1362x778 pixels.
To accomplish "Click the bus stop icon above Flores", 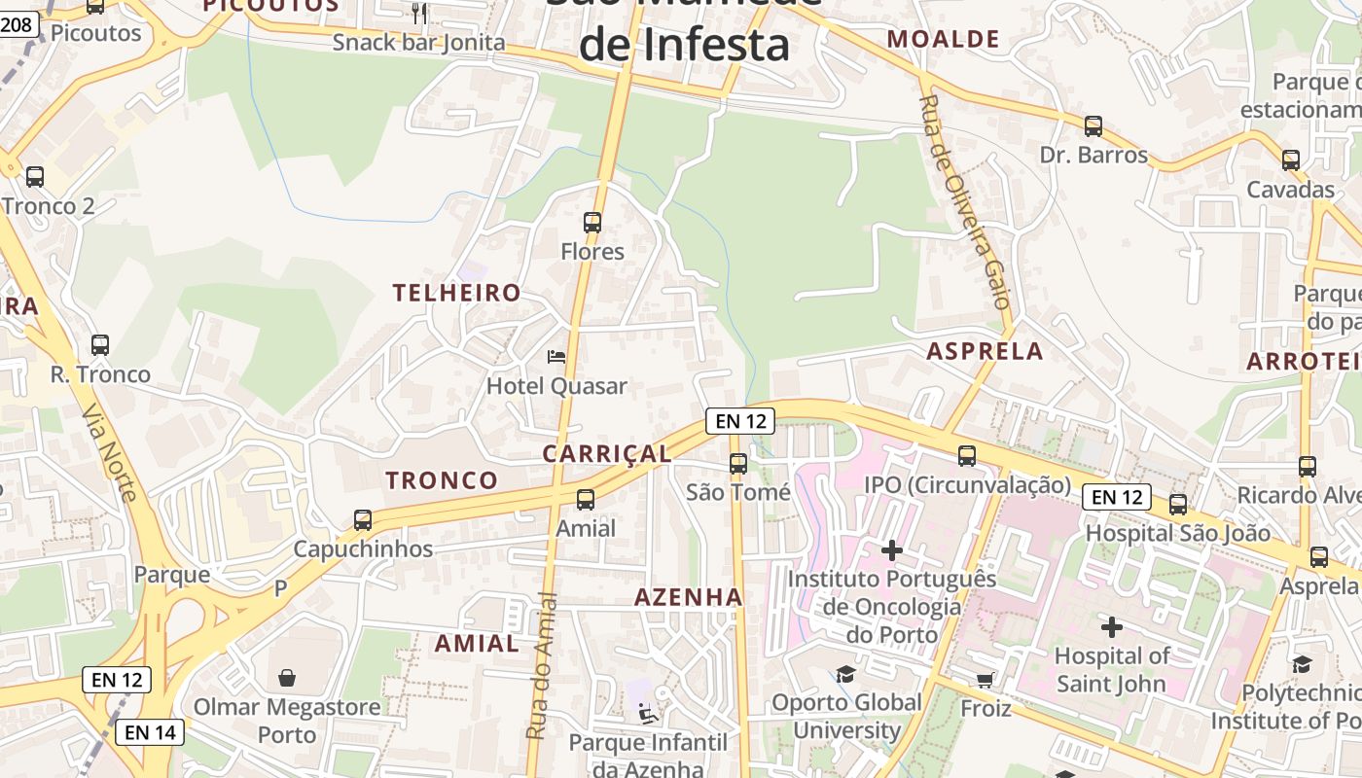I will pyautogui.click(x=591, y=222).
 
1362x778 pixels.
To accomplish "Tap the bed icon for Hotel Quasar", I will pyautogui.click(x=556, y=357).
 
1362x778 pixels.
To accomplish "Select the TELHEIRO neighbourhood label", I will pyautogui.click(x=457, y=293).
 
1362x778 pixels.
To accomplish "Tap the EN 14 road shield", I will pyautogui.click(x=150, y=732).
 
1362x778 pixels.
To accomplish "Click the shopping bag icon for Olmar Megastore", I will pyautogui.click(x=287, y=677).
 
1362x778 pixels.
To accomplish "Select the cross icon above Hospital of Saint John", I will pyautogui.click(x=1111, y=627).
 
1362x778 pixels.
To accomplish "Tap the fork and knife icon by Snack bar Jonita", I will pyautogui.click(x=419, y=13).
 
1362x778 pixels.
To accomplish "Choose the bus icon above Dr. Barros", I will pyautogui.click(x=1093, y=126).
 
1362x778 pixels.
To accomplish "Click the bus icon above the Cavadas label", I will pyautogui.click(x=1291, y=160).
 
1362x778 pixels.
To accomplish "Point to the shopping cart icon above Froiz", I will pyautogui.click(x=985, y=679).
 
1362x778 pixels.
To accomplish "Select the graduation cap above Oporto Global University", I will pyautogui.click(x=845, y=674).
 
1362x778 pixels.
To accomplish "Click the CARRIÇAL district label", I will pyautogui.click(x=607, y=454).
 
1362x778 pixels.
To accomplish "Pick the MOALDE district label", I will pyautogui.click(x=944, y=39).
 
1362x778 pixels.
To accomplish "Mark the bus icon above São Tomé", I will pyautogui.click(x=738, y=463).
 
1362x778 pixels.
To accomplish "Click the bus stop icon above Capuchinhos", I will pyautogui.click(x=363, y=520).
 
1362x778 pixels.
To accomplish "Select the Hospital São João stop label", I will pyautogui.click(x=1177, y=533).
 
